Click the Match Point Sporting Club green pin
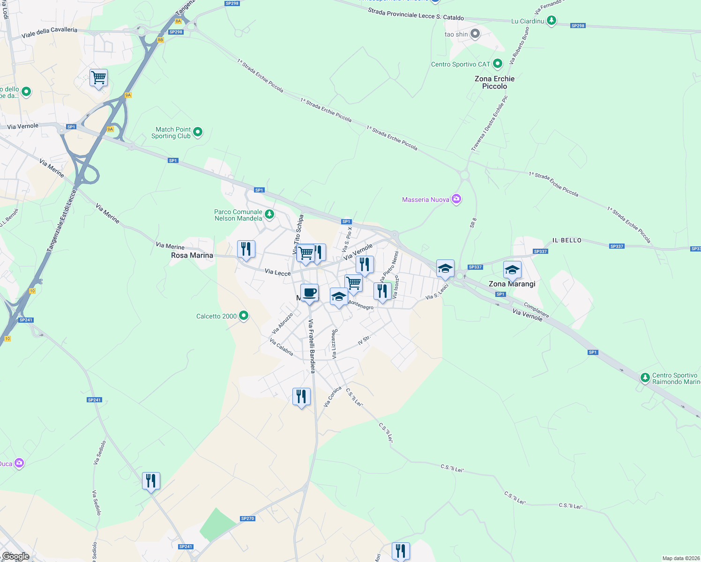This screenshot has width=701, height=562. point(198,132)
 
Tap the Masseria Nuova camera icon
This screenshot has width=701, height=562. point(456,200)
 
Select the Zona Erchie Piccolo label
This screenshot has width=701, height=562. point(494,82)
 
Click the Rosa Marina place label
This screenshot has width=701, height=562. point(192,255)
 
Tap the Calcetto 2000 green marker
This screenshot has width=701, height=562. point(243,316)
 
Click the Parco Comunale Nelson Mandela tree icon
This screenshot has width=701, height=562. point(269,214)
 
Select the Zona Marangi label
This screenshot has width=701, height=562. point(512,284)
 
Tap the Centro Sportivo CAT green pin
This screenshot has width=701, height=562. point(498,64)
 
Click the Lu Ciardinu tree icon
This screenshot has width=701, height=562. point(552,20)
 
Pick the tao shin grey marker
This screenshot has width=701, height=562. point(475,34)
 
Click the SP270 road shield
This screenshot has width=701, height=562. point(247,518)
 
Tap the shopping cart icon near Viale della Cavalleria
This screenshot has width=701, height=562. point(98,78)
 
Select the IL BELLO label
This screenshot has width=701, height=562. point(567,240)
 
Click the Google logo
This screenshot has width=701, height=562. point(15,556)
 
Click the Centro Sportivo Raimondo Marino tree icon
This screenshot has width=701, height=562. point(645,377)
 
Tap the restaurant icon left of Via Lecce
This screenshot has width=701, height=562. point(246,249)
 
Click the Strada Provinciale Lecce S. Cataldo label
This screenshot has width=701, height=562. point(416,14)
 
